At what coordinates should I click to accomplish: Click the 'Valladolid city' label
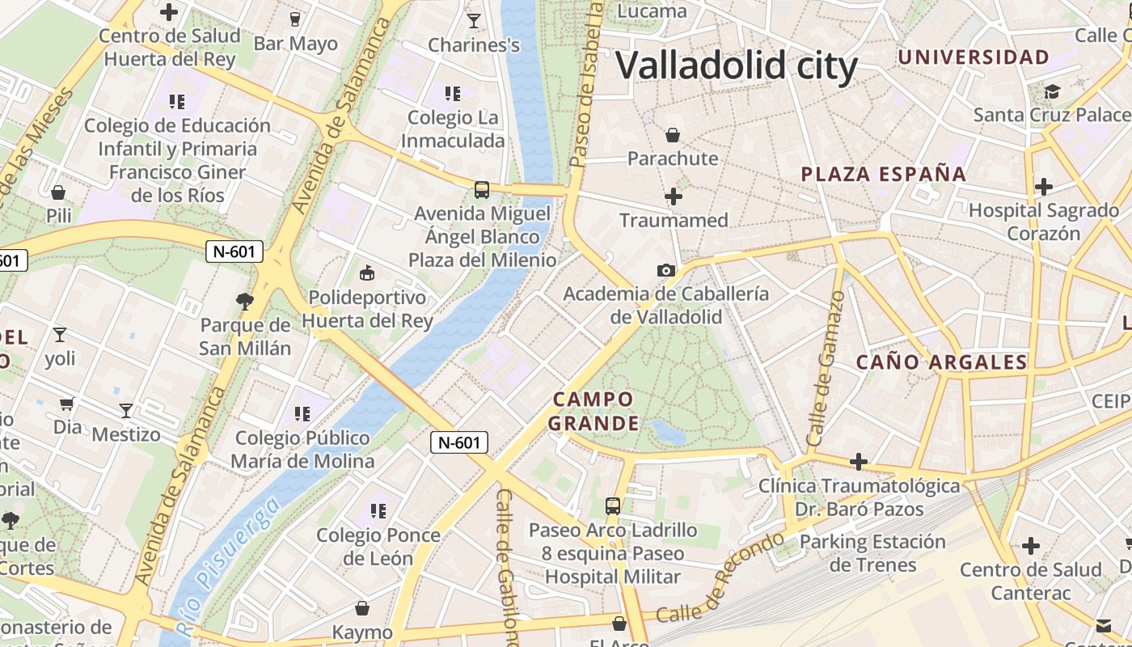pyautogui.click(x=737, y=66)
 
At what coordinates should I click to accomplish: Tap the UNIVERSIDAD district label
pyautogui.click(x=974, y=57)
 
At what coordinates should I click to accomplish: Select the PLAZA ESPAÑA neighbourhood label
pyautogui.click(x=884, y=174)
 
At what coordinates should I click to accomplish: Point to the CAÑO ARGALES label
pyautogui.click(x=942, y=362)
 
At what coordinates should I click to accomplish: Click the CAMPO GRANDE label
pyautogui.click(x=594, y=411)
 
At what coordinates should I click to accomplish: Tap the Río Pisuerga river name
pyautogui.click(x=229, y=566)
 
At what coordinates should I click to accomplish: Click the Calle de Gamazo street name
pyautogui.click(x=826, y=369)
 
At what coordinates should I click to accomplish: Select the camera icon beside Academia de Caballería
pyautogui.click(x=666, y=270)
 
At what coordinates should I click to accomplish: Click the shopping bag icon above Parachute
pyautogui.click(x=673, y=135)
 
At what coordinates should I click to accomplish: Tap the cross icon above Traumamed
pyautogui.click(x=673, y=197)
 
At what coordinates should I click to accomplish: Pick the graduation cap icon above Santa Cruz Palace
pyautogui.click(x=1052, y=91)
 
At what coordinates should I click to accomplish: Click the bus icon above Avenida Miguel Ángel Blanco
pyautogui.click(x=482, y=190)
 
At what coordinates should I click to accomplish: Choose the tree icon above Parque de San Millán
pyautogui.click(x=244, y=302)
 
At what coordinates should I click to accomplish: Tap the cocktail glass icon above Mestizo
pyautogui.click(x=126, y=411)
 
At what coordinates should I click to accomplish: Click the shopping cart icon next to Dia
pyautogui.click(x=67, y=403)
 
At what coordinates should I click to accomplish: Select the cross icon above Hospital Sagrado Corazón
pyautogui.click(x=1044, y=187)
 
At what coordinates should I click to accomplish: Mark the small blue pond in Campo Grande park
pyautogui.click(x=668, y=431)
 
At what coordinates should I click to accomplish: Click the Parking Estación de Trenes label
pyautogui.click(x=873, y=553)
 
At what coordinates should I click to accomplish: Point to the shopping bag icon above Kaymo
pyautogui.click(x=362, y=608)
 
